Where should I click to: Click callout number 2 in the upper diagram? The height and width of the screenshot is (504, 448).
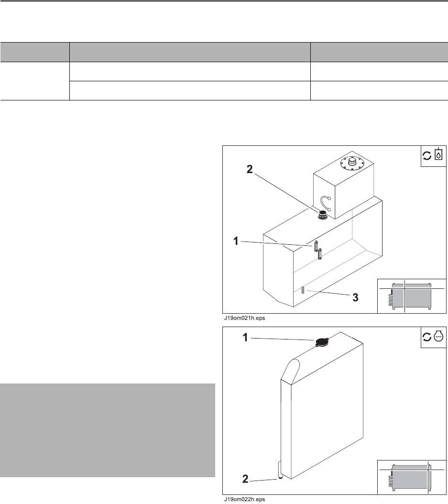point(250,169)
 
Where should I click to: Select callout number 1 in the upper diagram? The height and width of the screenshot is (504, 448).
point(236,241)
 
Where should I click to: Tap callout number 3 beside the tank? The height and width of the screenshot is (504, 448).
point(355,297)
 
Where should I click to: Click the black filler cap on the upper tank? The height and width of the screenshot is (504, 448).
point(323,215)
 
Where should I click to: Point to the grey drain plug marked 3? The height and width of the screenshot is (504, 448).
point(303,290)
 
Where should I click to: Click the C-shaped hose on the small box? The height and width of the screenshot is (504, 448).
point(326,203)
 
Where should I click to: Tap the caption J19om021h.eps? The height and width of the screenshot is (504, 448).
point(245,318)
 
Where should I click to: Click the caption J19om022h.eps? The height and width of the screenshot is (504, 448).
point(245,499)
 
